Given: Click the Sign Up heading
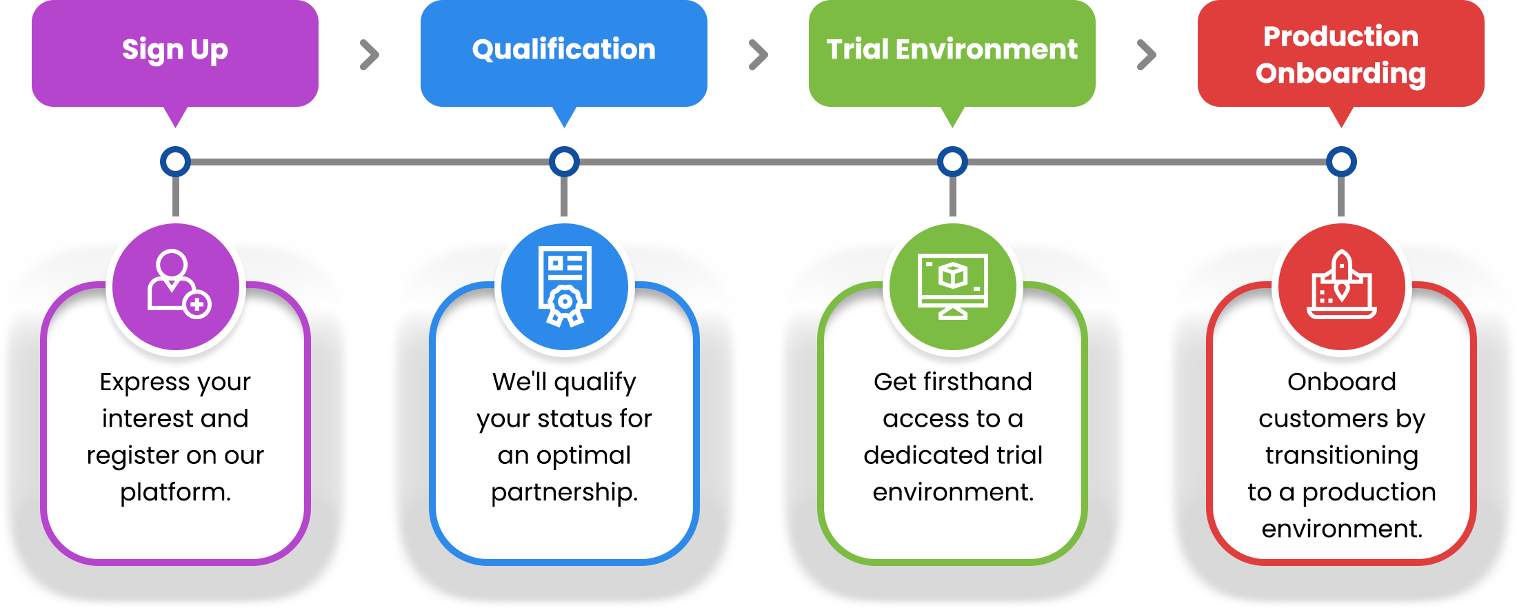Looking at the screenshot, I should click(x=175, y=50).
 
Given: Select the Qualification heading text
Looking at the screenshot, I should click(x=563, y=50).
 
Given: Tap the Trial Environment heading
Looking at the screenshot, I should click(x=952, y=50).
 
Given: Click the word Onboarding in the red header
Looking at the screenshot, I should click(x=1340, y=73).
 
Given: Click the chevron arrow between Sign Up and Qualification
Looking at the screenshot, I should click(x=370, y=55).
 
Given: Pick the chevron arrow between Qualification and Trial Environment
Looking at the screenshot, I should click(x=758, y=55).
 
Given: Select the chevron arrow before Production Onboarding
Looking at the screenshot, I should click(x=1146, y=55).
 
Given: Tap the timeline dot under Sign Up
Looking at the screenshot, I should click(x=175, y=162).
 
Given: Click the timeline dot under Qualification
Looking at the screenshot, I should click(x=564, y=162).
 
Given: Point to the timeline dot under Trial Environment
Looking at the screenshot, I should click(x=952, y=162).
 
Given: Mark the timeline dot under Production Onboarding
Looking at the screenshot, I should click(x=1341, y=162).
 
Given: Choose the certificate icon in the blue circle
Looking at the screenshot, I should click(x=565, y=285).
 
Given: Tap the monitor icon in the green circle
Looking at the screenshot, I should click(x=953, y=285).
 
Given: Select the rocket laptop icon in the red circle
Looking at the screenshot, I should click(x=1341, y=285).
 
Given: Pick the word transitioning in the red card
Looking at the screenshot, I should click(x=1341, y=456).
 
